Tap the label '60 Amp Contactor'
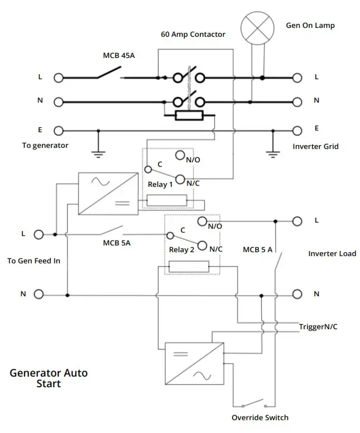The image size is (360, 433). coord(193,35)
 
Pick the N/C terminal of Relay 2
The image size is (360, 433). coord(202,244)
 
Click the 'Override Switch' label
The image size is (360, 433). coord(260,417)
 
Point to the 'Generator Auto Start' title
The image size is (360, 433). coord(49,378)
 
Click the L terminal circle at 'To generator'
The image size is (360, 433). coord(58,78)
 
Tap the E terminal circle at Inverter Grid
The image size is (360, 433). coord(297,131)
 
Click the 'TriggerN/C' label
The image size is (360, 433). coord(318,326)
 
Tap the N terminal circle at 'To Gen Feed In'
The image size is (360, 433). coord(39,294)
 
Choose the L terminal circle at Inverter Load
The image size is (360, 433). coord(297,221)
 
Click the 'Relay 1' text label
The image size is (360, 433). coord(160,184)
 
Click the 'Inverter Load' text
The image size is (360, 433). coord(332,253)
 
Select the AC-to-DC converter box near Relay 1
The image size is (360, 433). coord(108,193)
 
